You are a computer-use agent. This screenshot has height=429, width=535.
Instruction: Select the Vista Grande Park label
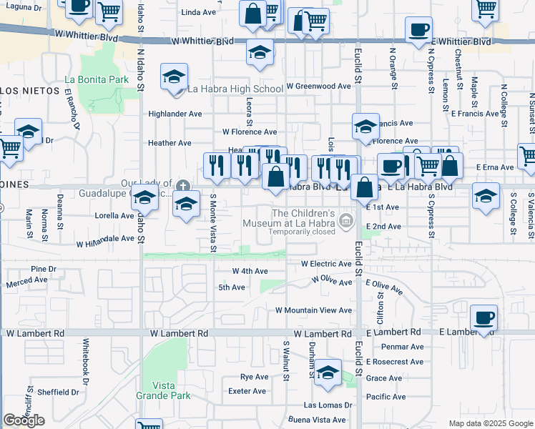[x=175, y=390]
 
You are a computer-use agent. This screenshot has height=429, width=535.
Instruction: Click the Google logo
[x=24, y=420]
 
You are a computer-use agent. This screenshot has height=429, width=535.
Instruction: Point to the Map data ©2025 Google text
[x=490, y=423]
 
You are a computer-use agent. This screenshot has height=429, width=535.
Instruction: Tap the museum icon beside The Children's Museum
[x=347, y=220]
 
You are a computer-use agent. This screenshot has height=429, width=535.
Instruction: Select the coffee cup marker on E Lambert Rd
[x=484, y=317]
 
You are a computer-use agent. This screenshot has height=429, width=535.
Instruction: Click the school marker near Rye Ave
[x=328, y=373]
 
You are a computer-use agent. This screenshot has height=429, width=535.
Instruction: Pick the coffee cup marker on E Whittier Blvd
[x=418, y=30]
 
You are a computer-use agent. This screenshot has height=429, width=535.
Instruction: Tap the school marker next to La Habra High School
[x=174, y=77]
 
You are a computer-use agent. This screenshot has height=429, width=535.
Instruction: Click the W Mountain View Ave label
[x=314, y=310]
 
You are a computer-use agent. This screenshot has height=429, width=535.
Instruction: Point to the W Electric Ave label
[x=326, y=264]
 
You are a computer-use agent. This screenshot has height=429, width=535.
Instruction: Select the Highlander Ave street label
[x=175, y=114]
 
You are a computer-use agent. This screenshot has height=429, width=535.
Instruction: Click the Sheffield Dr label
[x=58, y=392]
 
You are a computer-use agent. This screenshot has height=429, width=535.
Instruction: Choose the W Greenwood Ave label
[x=318, y=86]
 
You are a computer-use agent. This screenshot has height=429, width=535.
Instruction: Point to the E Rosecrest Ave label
[x=395, y=362]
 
